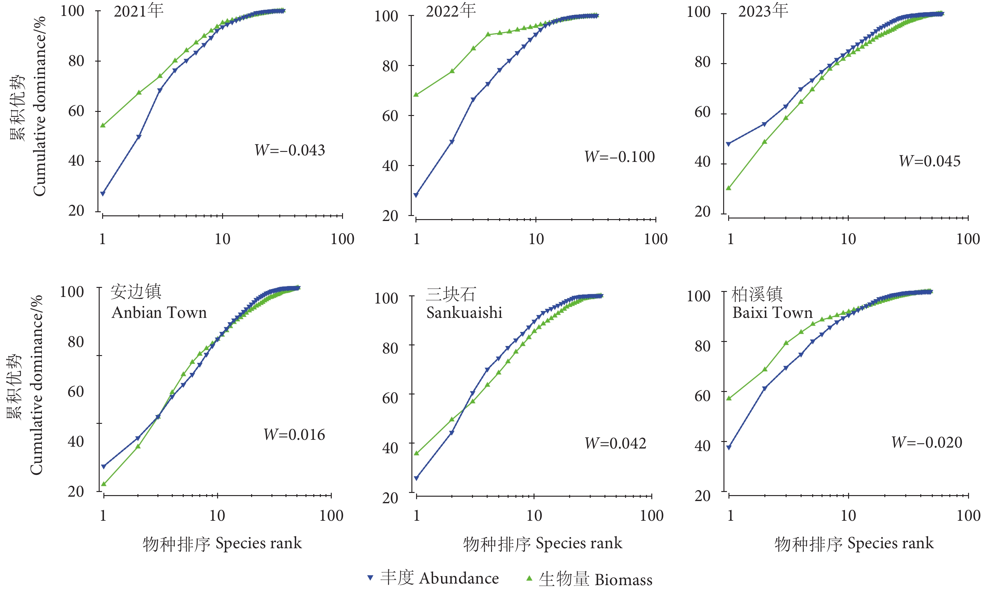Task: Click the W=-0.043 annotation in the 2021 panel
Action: pyautogui.click(x=290, y=150)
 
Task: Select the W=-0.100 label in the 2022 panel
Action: pyautogui.click(x=619, y=157)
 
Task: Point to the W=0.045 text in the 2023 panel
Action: pyautogui.click(x=929, y=161)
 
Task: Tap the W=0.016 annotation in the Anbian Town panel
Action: pyautogui.click(x=294, y=434)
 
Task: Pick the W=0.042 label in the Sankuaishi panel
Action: pyautogui.click(x=615, y=443)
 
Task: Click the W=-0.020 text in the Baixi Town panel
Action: pyautogui.click(x=927, y=442)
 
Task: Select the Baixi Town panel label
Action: pyautogui.click(x=772, y=303)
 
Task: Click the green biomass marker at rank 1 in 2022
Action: pyautogui.click(x=416, y=94)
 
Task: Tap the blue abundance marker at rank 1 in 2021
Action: pyautogui.click(x=103, y=193)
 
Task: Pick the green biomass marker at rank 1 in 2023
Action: pyautogui.click(x=728, y=188)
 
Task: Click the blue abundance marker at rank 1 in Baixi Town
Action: pyautogui.click(x=729, y=448)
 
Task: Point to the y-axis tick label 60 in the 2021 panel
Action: pyautogui.click(x=76, y=111)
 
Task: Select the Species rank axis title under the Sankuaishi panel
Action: pyautogui.click(x=542, y=543)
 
